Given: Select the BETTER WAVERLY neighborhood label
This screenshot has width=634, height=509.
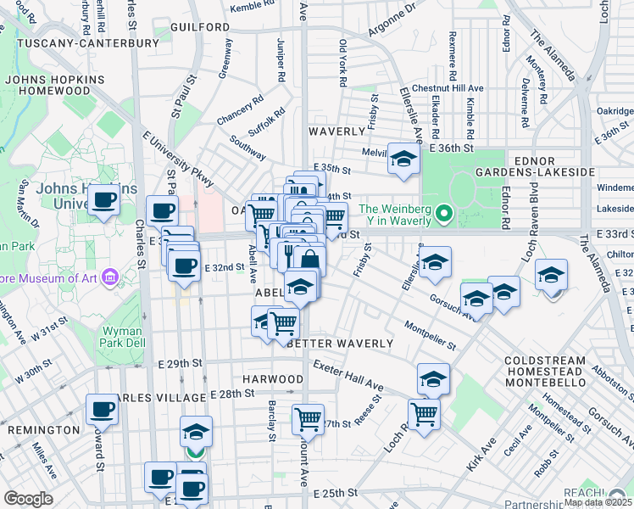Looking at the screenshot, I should click(x=341, y=344).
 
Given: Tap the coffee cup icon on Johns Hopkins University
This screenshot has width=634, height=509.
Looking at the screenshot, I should click(x=104, y=200).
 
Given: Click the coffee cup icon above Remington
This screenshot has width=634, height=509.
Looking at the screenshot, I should click(x=103, y=410).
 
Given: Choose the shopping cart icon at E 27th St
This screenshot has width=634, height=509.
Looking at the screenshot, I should click(x=308, y=418).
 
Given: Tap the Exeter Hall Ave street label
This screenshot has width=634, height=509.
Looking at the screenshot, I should click(x=348, y=378).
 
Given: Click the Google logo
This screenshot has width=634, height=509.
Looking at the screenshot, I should click(x=28, y=499).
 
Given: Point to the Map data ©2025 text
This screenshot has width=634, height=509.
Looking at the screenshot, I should click(x=598, y=502).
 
